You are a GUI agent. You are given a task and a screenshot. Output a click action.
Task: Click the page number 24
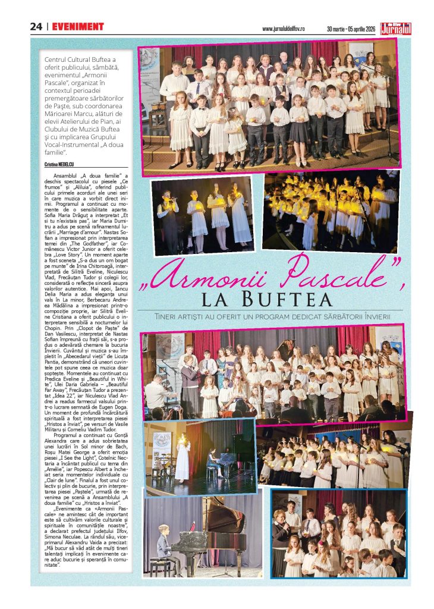pyautogui.click(x=36, y=27)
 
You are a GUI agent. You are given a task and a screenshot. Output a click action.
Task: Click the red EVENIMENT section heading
pyautogui.click(x=78, y=27)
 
